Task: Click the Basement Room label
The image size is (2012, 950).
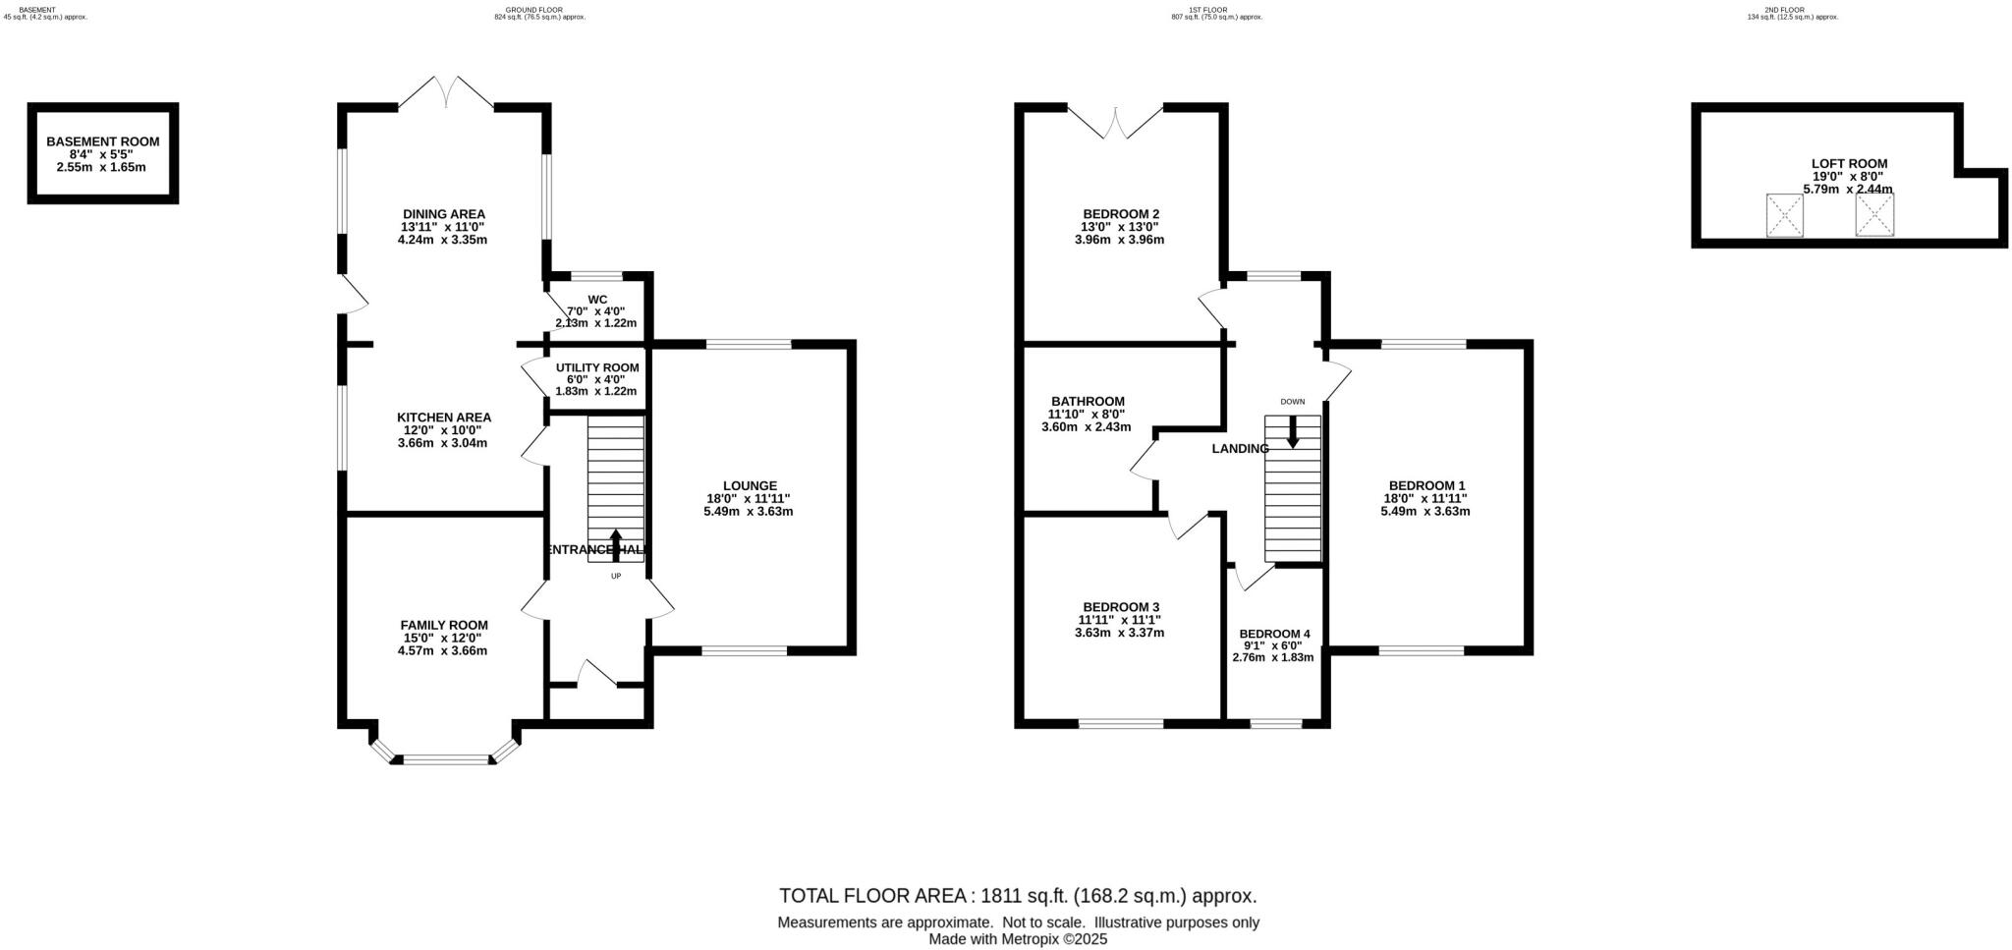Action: click(102, 141)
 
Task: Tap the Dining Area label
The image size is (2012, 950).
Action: click(443, 214)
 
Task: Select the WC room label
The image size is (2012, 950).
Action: click(597, 300)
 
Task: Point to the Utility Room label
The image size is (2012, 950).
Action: click(596, 367)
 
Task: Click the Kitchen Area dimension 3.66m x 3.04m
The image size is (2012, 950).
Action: click(442, 443)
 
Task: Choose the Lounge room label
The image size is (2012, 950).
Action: click(750, 485)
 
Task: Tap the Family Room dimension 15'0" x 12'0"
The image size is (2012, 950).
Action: click(443, 638)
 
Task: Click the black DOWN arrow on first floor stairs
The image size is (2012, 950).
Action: click(1292, 431)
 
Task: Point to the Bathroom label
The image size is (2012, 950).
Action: click(1088, 401)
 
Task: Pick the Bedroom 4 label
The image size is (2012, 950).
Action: click(1274, 634)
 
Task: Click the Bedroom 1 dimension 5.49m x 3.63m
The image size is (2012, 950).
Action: click(1425, 511)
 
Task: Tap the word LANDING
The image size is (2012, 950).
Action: click(1240, 449)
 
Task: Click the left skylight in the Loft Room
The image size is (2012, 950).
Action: click(1784, 215)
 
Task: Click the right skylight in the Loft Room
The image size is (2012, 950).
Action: click(1873, 215)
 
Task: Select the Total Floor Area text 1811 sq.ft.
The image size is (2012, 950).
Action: click(1018, 896)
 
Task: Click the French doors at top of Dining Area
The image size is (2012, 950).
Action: click(446, 94)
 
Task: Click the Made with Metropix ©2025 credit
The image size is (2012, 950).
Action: click(1018, 939)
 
